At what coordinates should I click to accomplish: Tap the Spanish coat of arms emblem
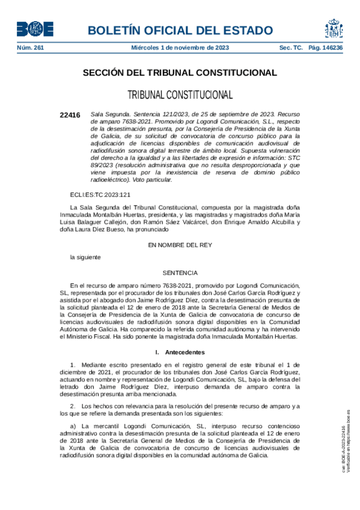(334, 28)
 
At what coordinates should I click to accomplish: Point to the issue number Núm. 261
(30, 48)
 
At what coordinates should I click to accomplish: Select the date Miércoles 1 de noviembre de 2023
(179, 48)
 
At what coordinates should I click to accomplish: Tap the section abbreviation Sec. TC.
(291, 48)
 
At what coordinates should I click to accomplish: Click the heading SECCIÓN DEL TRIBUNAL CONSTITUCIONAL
(180, 73)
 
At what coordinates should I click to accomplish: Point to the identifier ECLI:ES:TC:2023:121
(100, 194)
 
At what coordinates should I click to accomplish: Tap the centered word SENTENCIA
(180, 272)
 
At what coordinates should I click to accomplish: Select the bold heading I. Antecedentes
(180, 352)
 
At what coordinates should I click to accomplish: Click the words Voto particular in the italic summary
(153, 179)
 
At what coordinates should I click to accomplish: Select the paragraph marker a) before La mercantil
(74, 426)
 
